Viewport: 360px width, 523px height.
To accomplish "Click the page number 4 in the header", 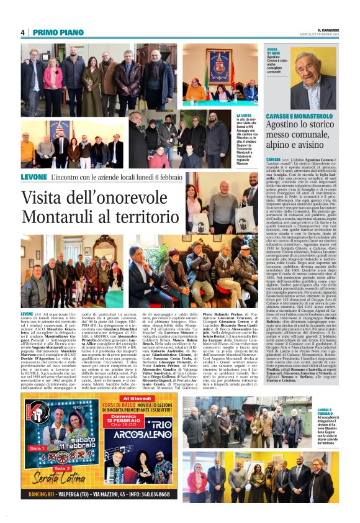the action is coord(23,32).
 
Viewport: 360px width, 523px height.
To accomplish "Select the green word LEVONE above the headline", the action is coord(33,178).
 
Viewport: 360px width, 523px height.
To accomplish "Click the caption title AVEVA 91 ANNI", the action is coord(274,50).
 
